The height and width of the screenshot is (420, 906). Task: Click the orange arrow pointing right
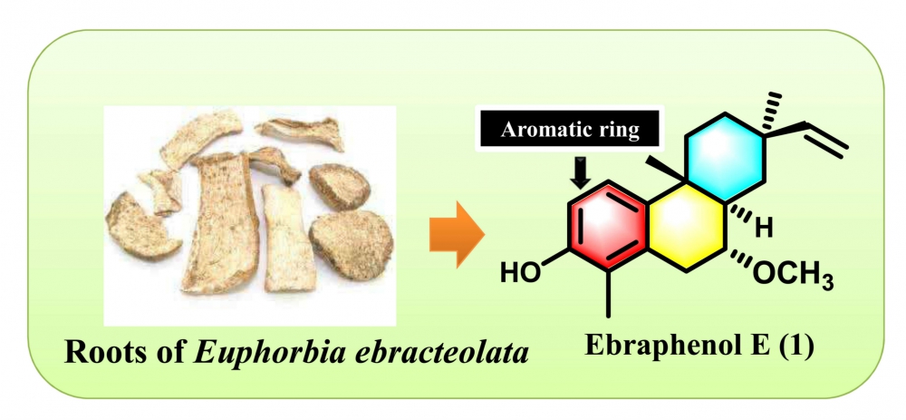(456, 234)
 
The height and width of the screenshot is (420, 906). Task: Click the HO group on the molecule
(521, 273)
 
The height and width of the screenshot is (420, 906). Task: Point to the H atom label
(764, 229)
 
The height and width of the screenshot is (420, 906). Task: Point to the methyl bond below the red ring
(609, 294)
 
